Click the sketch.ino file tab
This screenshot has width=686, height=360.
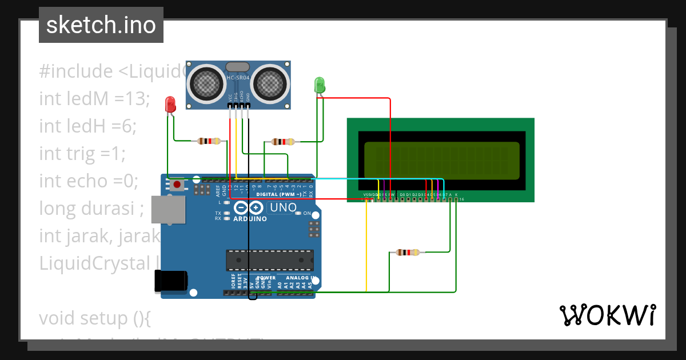click(x=101, y=25)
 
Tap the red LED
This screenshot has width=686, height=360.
click(x=170, y=105)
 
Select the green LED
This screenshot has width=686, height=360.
click(x=320, y=85)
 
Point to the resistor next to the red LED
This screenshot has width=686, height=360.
click(x=208, y=141)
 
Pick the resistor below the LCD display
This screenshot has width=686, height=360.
click(x=407, y=252)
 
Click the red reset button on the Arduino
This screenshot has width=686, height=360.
click(x=178, y=185)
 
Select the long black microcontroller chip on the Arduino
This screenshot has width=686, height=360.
click(x=269, y=259)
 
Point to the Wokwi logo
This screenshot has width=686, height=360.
click(x=607, y=315)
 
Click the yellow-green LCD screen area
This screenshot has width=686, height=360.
click(x=441, y=159)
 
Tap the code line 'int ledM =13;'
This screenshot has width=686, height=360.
click(x=94, y=98)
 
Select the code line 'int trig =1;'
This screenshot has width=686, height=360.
click(x=82, y=153)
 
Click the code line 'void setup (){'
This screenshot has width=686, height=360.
click(x=94, y=318)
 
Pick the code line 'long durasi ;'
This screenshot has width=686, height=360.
click(x=91, y=208)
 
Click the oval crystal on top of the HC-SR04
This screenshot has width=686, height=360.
click(x=238, y=67)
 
